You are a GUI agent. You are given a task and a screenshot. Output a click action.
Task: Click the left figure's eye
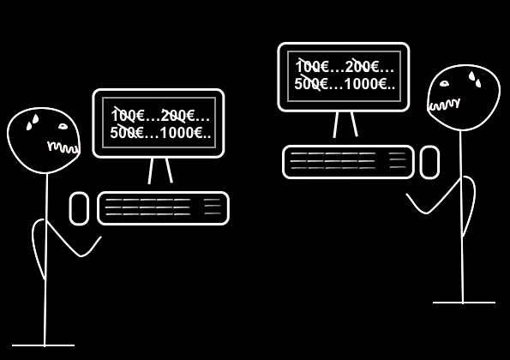pyautogui.click(x=63, y=127)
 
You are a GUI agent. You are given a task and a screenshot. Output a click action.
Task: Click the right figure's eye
pyautogui.click(x=444, y=84)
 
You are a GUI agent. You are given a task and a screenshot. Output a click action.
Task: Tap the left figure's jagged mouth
pyautogui.click(x=63, y=147)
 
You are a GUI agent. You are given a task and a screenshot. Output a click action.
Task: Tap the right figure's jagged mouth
pyautogui.click(x=445, y=105)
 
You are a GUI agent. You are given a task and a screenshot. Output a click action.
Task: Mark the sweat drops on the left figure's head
pyautogui.click(x=33, y=123)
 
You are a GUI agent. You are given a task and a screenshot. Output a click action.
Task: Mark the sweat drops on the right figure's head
pyautogui.click(x=475, y=80)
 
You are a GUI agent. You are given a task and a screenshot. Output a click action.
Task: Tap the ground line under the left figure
pyautogui.click(x=43, y=345)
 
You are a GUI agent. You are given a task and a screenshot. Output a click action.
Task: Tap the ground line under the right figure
pyautogui.click(x=464, y=303)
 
